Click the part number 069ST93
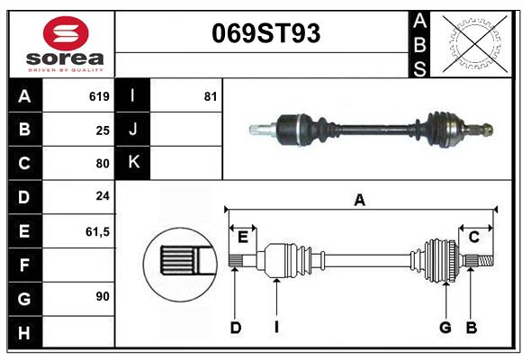[x=265, y=33]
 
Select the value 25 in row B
[x=103, y=130]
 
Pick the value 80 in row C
[x=103, y=164]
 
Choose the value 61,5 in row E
[x=97, y=231]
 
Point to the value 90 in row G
[x=103, y=296]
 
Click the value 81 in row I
[x=210, y=96]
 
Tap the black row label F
[x=24, y=265]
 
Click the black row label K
[x=133, y=163]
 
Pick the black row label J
[x=133, y=130]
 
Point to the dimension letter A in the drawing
[x=359, y=200]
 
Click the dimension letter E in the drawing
[x=243, y=237]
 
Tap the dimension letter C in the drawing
[x=473, y=237]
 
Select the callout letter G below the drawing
[x=445, y=328]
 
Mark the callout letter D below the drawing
[x=235, y=328]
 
